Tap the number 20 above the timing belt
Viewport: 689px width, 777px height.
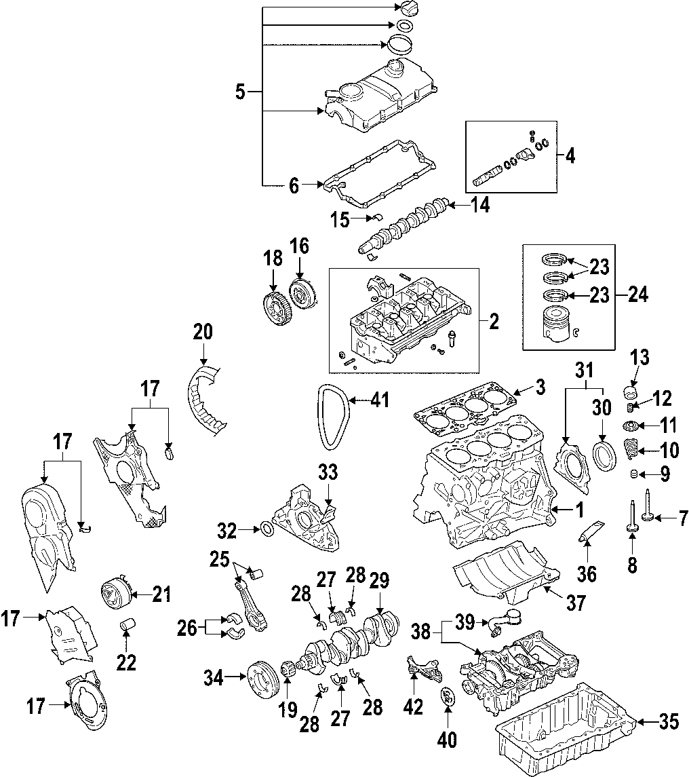(x=202, y=332)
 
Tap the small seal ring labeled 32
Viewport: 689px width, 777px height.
(x=267, y=528)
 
